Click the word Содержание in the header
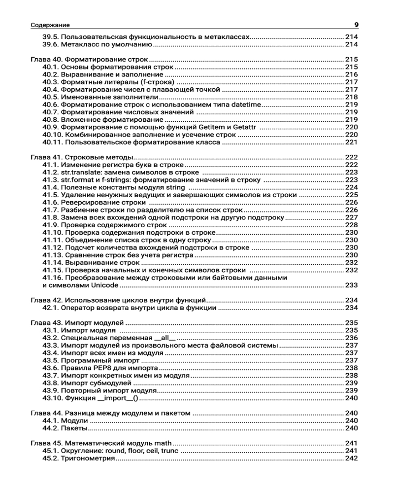(x=50, y=25)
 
